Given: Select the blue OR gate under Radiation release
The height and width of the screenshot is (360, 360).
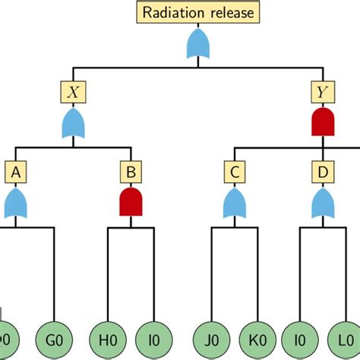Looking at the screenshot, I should tap(199, 45).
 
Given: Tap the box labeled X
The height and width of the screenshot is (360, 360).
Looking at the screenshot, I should tap(73, 93).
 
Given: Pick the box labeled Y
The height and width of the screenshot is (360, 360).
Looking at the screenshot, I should tap(323, 93).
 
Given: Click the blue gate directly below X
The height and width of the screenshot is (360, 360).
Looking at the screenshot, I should tap(73, 124).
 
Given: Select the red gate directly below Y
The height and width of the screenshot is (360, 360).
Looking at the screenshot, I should tap(323, 122).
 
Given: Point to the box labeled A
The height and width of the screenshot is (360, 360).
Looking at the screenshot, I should tap(16, 173).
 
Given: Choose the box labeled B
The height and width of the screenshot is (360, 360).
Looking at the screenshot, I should tap(131, 173).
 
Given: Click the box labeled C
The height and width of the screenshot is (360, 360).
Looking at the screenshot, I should tap(235, 173).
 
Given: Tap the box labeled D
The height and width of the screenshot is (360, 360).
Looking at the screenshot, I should tap(323, 173).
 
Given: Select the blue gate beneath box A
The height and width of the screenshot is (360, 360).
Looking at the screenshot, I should tap(16, 204).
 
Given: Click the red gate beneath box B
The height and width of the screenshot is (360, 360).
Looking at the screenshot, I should tap(131, 203).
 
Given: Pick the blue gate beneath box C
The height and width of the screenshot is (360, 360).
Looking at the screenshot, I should tap(235, 204).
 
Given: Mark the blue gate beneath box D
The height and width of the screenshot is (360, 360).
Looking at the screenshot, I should tap(323, 204).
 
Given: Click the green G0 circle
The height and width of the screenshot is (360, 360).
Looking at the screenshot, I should tap(54, 335).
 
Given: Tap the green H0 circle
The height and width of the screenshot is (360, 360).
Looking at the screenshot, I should tap(108, 335).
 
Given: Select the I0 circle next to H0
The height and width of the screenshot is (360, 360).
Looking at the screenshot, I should tap(153, 335).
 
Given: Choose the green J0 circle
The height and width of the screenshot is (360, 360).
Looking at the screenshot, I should tap(210, 335).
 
